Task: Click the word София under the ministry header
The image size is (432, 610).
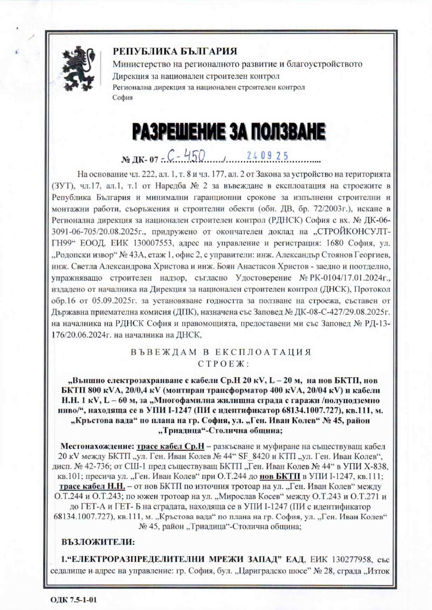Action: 123,98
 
